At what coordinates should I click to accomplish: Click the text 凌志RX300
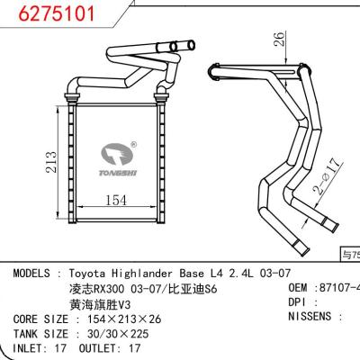pos(95,288)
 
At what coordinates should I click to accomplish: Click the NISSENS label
pos(305,318)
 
